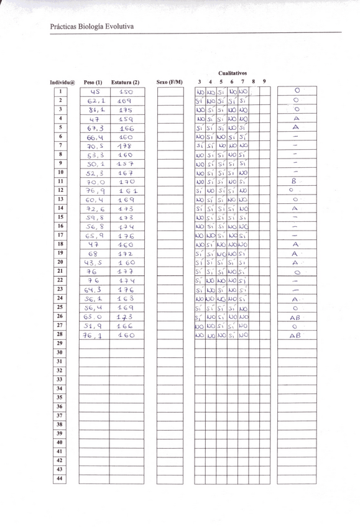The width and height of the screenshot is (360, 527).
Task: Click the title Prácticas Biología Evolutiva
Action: pos(92,26)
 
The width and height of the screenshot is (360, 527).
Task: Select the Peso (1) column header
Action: pos(93,82)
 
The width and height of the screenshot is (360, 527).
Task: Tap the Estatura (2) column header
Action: pos(125,82)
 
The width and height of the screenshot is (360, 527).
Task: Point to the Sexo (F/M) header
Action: pos(170,82)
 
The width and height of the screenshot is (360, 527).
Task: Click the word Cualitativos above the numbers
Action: pos(233,73)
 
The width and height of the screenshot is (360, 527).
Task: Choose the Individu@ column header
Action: pos(62,82)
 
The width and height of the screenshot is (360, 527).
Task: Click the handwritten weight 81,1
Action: pos(96,109)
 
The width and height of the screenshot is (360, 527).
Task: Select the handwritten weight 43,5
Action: pos(95,262)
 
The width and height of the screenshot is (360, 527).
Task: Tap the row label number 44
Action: pos(60,479)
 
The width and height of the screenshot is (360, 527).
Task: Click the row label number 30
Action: pos(60,352)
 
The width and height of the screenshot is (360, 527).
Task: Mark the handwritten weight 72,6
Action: pos(96,208)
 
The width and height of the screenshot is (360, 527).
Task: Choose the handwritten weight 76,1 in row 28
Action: pos(95,334)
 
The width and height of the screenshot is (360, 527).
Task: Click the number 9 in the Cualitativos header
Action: pos(264,82)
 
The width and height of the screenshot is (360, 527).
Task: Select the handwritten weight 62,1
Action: pos(96,99)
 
